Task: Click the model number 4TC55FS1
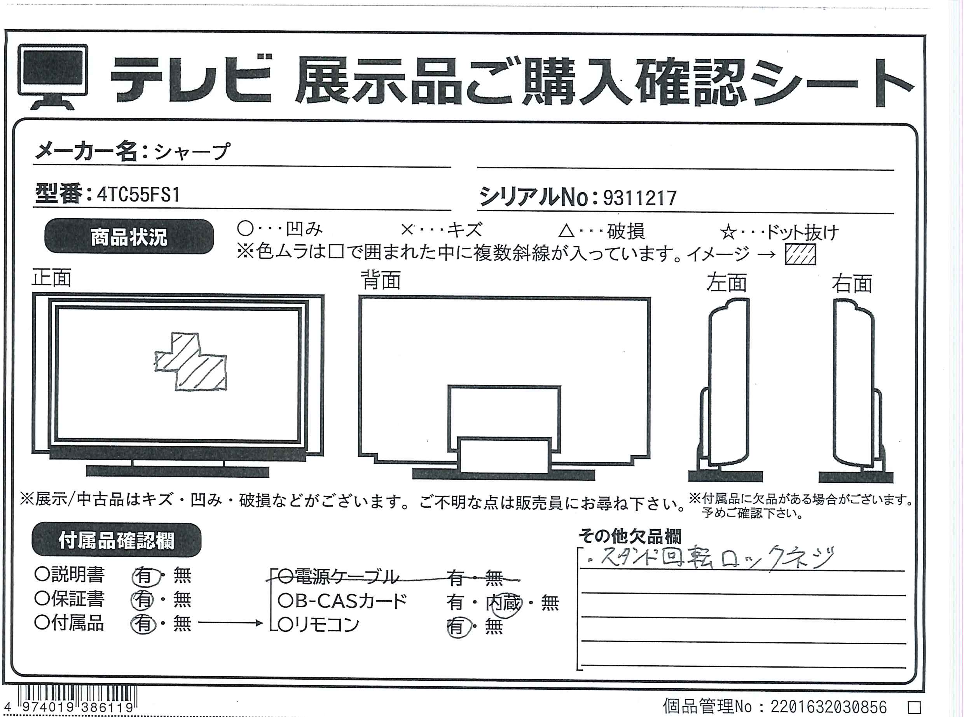[x=138, y=195]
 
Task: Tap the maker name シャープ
[x=191, y=151]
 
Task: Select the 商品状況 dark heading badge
[x=129, y=237]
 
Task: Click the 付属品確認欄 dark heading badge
[x=116, y=540]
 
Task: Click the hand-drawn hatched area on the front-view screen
[x=191, y=361]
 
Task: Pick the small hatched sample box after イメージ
[x=800, y=254]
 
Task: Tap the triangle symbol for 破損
[x=566, y=231]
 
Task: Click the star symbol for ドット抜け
[x=728, y=233]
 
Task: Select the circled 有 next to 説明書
[x=143, y=576]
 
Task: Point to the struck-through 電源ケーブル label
[x=337, y=577]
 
